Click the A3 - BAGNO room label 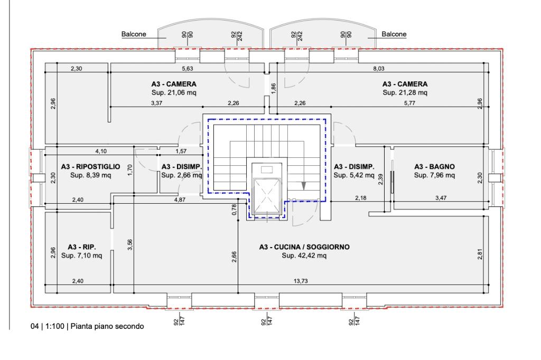coord(434,167)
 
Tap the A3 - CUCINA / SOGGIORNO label coord(304,247)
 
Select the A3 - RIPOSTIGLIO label coord(91,167)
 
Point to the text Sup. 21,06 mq coord(174,92)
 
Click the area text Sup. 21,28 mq coord(405,92)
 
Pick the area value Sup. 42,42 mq coord(304,255)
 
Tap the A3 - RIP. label coord(82,247)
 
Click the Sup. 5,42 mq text coord(353,175)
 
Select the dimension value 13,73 coord(301,281)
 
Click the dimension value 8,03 coord(378,69)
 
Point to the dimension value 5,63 coord(188,69)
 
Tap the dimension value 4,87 coord(180,200)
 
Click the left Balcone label coord(134,34)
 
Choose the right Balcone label coord(394,34)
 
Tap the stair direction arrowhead coord(304,186)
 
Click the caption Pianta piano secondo coord(107,326)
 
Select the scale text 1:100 coord(55,326)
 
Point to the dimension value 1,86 coord(274,89)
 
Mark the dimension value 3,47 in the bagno coord(441,198)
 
